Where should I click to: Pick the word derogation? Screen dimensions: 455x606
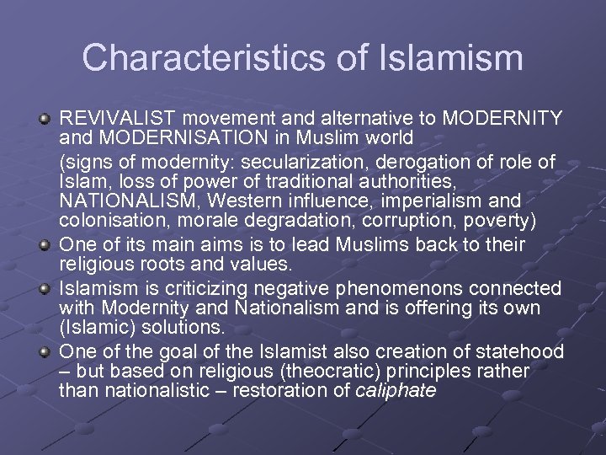tap(437, 161)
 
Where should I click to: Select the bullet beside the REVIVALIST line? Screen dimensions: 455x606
tap(45, 117)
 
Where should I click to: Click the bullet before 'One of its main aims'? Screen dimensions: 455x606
tap(45, 244)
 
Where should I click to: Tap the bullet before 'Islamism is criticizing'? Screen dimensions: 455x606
tap(45, 287)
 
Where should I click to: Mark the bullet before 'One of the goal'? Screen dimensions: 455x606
tap(45, 351)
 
